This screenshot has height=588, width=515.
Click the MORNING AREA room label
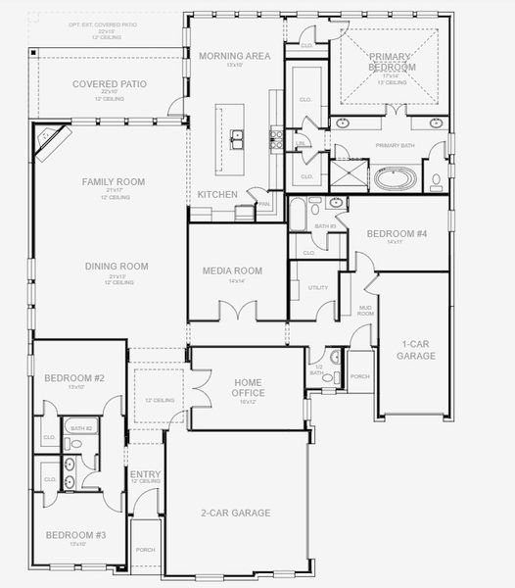234,56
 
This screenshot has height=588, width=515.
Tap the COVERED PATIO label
110,84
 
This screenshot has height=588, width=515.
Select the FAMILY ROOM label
113,182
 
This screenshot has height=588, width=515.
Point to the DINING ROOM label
117,266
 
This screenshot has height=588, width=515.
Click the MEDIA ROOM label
232,270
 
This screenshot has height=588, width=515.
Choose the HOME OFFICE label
249,388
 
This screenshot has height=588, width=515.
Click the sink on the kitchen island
237,138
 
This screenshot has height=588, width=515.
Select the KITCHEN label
216,194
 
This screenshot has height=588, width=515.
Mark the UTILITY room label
317,288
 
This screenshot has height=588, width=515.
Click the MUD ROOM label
364,311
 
